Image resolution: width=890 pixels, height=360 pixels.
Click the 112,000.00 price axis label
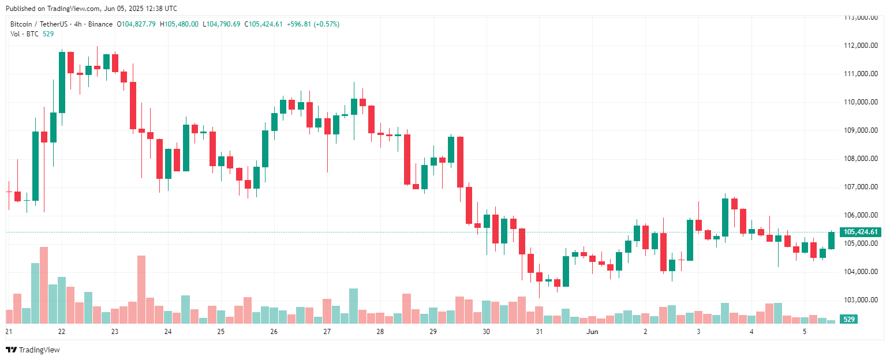tap(861, 46)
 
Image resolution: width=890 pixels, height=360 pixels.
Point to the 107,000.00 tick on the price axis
tap(861, 187)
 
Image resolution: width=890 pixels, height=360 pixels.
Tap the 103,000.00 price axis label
tap(861, 300)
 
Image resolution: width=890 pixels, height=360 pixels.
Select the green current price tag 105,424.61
tap(861, 232)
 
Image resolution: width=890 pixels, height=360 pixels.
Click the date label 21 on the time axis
tap(9, 332)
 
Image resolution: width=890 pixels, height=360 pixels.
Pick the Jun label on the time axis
tap(592, 332)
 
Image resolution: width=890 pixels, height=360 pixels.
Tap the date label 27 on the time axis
tap(327, 332)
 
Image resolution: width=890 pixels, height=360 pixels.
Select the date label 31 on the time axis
tap(539, 332)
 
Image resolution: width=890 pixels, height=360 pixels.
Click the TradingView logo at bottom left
tap(33, 350)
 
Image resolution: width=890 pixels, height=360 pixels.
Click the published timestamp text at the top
tap(91, 9)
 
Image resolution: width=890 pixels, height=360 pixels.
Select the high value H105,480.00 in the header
tap(179, 24)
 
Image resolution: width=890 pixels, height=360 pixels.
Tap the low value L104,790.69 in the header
tap(221, 24)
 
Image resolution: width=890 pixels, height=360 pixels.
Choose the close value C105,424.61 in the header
tap(263, 24)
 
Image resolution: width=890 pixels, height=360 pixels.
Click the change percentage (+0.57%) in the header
tap(326, 24)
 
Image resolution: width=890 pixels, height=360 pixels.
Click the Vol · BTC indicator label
tap(24, 34)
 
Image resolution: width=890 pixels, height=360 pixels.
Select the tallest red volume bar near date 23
tap(141, 289)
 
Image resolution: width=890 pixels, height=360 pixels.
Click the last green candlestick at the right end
tap(831, 240)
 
